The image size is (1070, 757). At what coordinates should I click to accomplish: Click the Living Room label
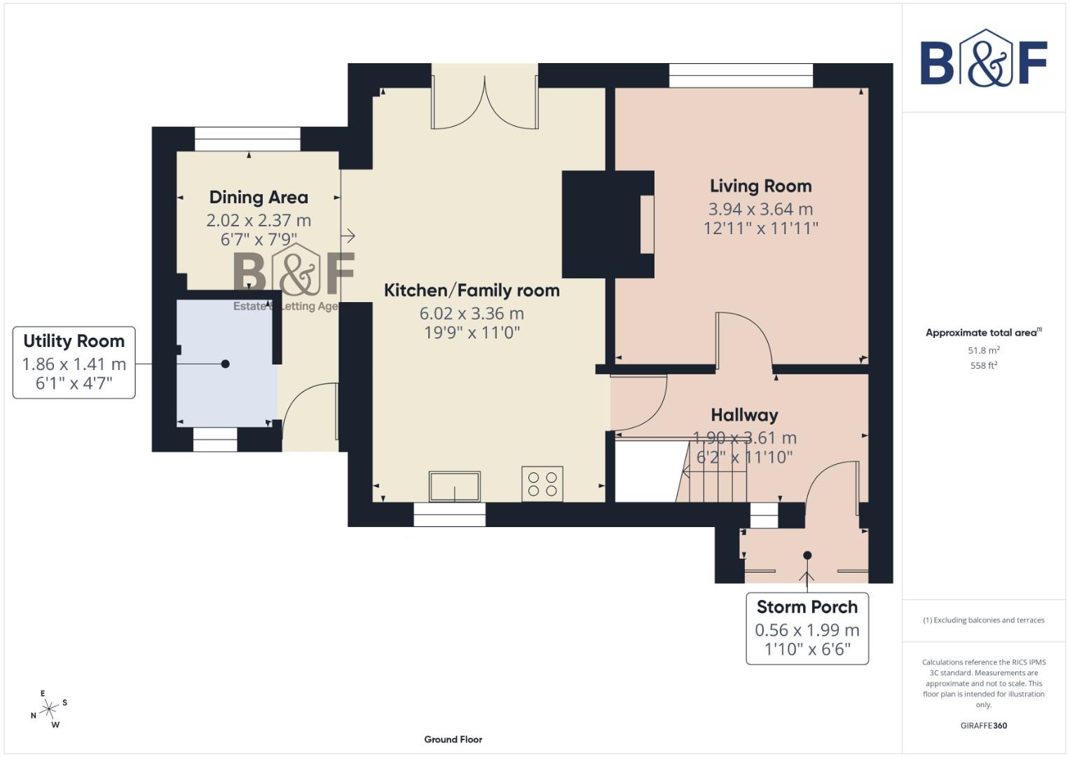[760, 186]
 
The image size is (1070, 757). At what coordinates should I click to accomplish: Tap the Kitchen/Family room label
[472, 290]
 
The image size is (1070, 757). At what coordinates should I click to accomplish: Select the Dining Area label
[259, 197]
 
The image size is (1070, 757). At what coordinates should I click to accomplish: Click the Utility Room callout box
[74, 362]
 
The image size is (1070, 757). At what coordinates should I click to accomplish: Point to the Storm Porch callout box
[807, 628]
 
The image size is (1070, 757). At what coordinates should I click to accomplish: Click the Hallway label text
[744, 415]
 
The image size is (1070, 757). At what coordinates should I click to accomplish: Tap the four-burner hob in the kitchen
[542, 484]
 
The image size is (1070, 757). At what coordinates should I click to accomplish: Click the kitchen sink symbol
[455, 486]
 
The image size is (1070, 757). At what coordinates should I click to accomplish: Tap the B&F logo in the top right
[983, 60]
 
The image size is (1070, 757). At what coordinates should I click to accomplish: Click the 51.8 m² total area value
[983, 350]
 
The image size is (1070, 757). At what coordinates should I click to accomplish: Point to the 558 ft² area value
[983, 365]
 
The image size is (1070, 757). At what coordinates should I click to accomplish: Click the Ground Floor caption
[453, 739]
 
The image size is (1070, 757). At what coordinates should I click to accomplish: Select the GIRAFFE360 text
[983, 725]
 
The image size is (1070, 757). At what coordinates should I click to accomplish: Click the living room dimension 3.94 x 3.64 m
[760, 209]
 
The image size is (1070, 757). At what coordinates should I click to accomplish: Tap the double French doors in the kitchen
[485, 105]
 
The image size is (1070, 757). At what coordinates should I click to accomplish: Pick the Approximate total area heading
[983, 332]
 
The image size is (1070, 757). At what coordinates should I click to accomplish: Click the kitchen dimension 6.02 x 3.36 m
[472, 313]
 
